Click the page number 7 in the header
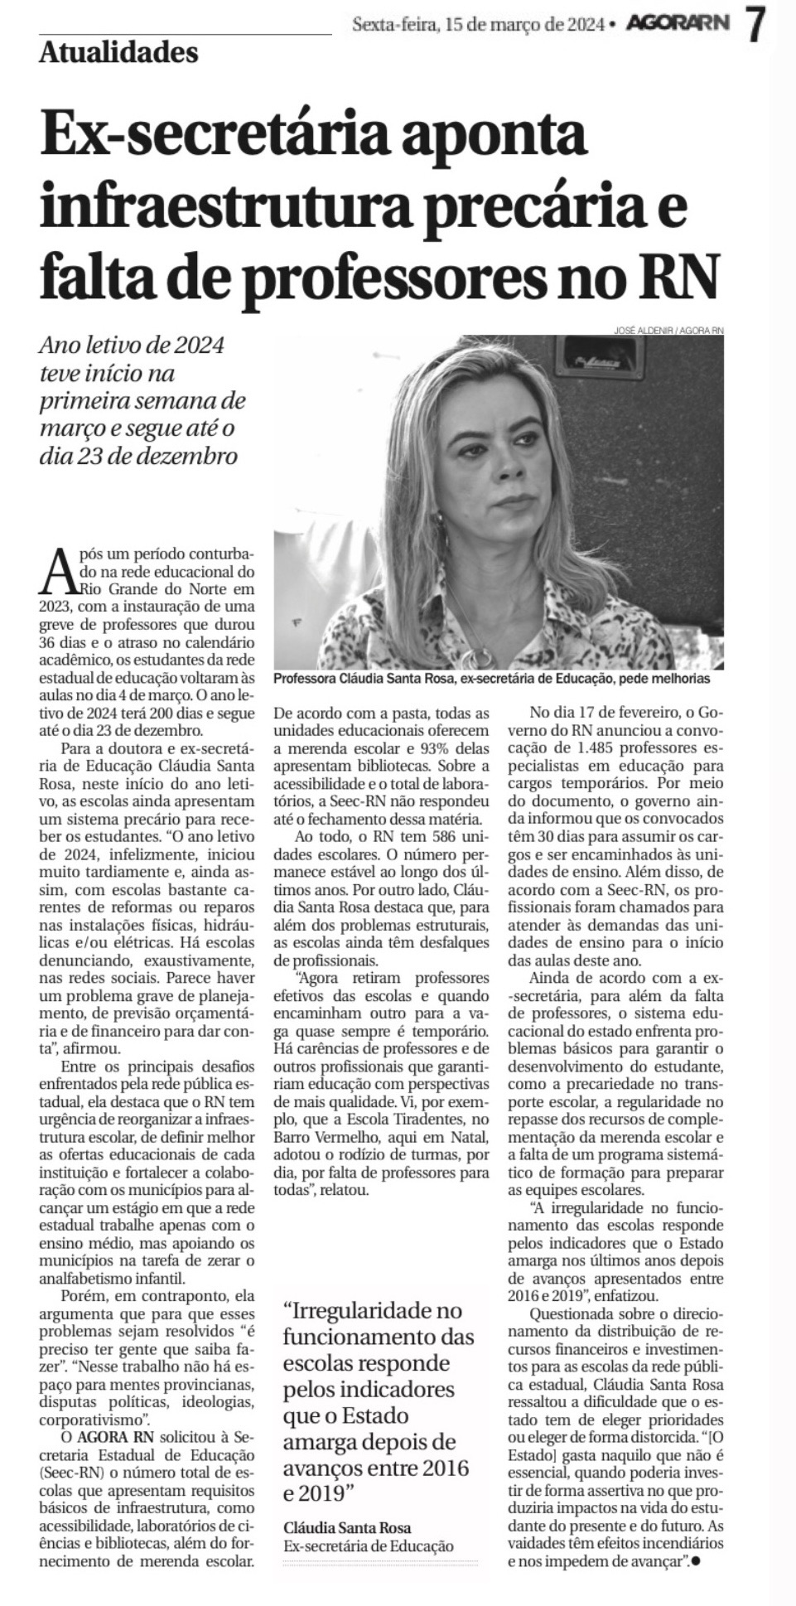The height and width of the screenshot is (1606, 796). click(755, 24)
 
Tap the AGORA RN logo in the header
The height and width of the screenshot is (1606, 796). click(678, 24)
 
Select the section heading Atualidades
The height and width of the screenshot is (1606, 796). click(118, 53)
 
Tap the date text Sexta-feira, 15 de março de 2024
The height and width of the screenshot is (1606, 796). click(478, 25)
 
